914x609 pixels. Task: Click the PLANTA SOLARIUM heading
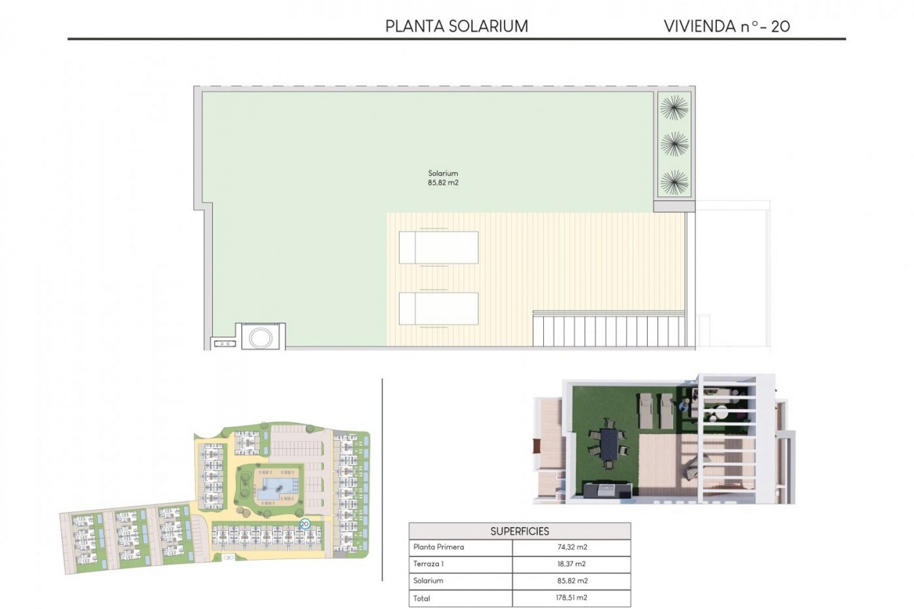[457, 26]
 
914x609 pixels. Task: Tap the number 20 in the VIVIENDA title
[780, 27]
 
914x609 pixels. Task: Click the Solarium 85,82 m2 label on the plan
[443, 178]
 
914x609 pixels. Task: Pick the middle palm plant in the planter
[674, 144]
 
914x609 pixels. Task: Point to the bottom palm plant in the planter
[674, 182]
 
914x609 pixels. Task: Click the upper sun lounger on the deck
[438, 247]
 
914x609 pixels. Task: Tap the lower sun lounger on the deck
[438, 309]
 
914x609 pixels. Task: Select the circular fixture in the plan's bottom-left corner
[261, 337]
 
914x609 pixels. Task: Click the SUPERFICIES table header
[519, 531]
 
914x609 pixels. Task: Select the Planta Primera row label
[438, 547]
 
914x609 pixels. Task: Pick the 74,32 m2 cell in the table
[572, 547]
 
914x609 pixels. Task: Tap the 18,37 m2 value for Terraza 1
[572, 564]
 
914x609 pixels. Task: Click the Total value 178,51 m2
[572, 598]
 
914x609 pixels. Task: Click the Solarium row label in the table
[428, 581]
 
